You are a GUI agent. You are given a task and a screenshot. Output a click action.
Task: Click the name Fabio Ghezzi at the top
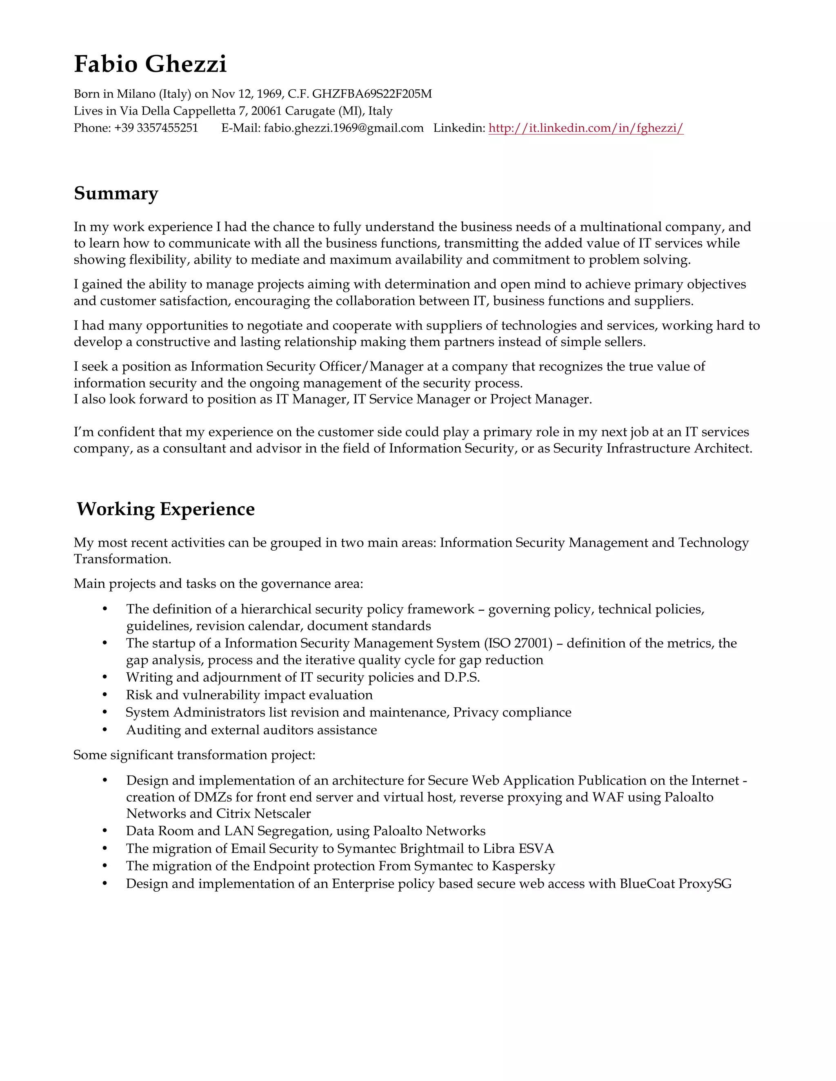coord(150,64)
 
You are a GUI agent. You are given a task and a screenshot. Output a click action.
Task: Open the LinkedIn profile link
coord(585,128)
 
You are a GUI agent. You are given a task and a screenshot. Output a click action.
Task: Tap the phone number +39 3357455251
coord(156,128)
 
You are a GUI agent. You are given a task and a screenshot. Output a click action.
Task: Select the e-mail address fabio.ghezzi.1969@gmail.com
coord(343,128)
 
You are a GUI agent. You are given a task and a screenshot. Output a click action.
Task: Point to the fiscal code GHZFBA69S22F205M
coord(371,94)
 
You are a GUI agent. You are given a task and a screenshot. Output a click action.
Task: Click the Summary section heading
coord(116,193)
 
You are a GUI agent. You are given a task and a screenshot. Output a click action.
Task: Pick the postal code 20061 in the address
coord(266,111)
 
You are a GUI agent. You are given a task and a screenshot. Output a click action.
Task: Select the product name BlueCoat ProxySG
coord(675,884)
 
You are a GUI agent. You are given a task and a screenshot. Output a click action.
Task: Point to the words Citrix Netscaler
coord(267,813)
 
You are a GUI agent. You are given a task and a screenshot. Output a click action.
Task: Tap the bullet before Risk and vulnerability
coord(105,695)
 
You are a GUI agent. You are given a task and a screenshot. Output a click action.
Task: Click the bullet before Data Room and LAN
coord(105,831)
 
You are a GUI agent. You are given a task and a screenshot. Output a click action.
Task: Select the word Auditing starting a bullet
coord(147,730)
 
